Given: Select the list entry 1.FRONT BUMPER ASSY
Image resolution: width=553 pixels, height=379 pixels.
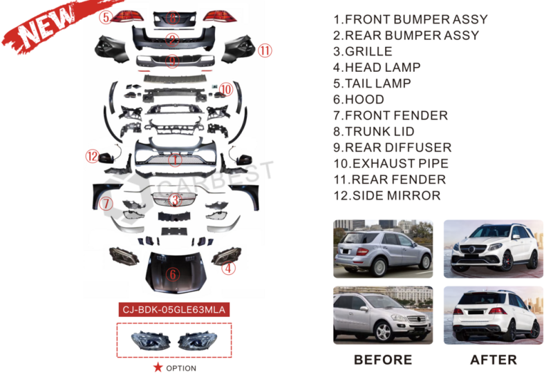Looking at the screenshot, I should (410, 19).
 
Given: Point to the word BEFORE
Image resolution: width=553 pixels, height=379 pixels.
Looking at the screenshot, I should (383, 360).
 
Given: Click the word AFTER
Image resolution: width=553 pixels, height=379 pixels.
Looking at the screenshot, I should (493, 360).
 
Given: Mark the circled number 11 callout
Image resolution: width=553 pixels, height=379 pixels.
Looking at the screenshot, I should (265, 50).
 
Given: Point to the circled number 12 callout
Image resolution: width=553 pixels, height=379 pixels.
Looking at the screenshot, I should (93, 156).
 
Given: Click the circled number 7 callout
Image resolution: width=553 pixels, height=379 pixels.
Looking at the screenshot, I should (106, 204).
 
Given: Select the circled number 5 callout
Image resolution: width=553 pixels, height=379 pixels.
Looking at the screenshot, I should (106, 17).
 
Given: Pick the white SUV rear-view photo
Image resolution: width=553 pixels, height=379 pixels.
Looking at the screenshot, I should (492, 315).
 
